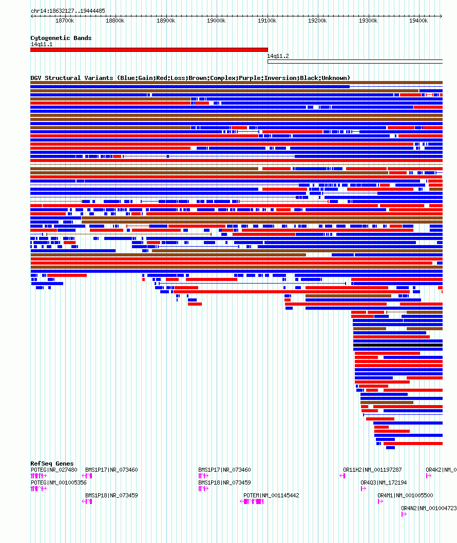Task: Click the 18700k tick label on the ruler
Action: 65,21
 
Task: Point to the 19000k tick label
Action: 216,21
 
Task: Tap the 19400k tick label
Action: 418,21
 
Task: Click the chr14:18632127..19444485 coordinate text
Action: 68,11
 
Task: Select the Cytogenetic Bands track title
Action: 61,38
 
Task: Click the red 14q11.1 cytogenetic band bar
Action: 149,50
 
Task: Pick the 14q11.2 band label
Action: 278,56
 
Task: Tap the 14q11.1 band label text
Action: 42,44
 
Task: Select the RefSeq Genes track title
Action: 52,464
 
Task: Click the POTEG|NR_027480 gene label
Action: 54,470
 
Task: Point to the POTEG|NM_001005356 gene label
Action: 59,482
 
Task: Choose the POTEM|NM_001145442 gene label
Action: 271,495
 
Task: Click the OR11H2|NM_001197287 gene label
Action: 372,470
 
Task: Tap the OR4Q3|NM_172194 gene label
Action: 384,482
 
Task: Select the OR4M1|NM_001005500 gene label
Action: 405,495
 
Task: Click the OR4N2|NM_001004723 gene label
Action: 429,508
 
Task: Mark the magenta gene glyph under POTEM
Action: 252,501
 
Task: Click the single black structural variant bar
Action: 398,345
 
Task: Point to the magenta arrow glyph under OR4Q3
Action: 364,489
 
